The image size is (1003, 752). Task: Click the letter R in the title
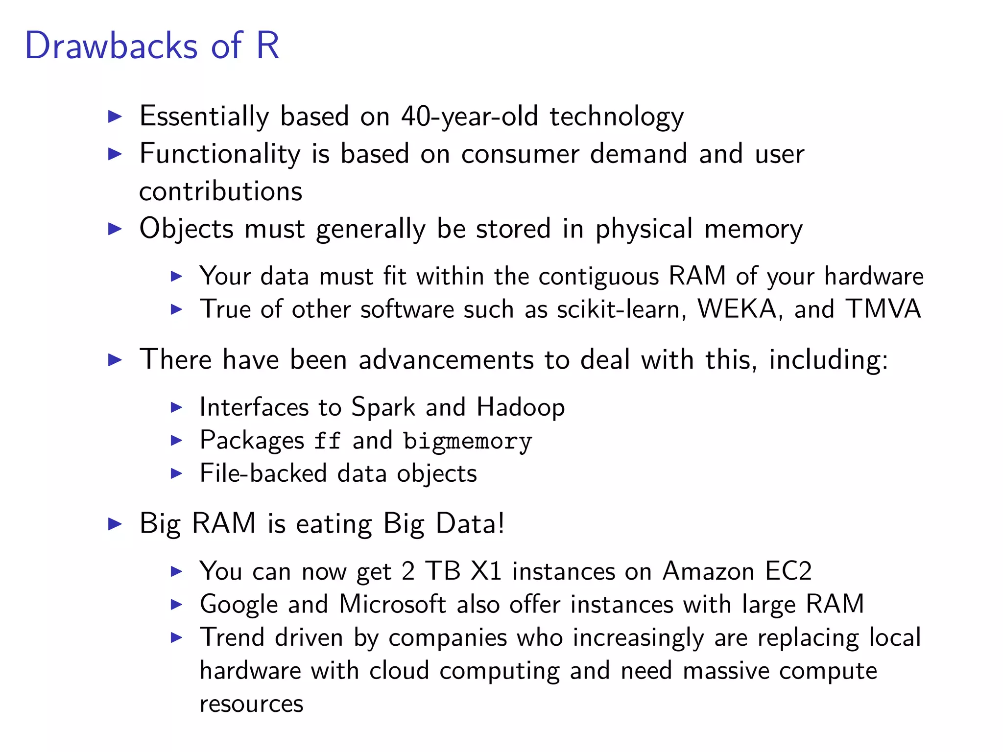coord(267,46)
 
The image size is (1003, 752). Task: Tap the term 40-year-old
coord(469,117)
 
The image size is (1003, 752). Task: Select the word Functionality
coord(220,154)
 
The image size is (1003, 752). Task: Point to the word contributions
coord(221,191)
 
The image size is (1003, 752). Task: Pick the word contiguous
coord(598,276)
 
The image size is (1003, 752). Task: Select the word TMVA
coord(883,309)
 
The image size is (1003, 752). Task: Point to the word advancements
coord(446,360)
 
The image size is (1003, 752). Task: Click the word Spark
coord(383,407)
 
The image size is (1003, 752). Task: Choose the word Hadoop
coord(521,407)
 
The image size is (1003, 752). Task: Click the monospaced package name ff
coord(327,441)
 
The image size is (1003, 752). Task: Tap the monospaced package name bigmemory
coord(467,442)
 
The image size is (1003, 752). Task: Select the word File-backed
coord(263,473)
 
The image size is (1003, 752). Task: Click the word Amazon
coord(708,571)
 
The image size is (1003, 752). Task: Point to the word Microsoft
coord(392,604)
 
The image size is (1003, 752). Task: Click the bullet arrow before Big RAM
coord(115,524)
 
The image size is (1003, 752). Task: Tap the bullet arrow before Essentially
coord(115,117)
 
